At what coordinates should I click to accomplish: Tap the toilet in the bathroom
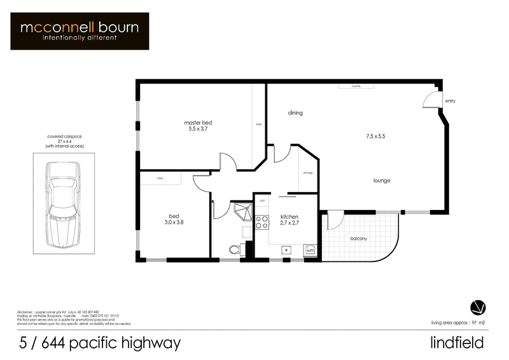[234, 248]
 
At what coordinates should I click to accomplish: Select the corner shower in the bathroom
[241, 212]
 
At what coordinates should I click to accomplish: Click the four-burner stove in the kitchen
[261, 222]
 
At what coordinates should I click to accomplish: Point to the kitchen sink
[287, 249]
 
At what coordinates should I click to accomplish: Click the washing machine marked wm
[310, 250]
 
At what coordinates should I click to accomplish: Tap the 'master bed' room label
[197, 122]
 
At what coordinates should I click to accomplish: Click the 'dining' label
[295, 113]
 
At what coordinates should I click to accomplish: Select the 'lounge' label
[382, 181]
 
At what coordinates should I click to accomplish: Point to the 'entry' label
[450, 100]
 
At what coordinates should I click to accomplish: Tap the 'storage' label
[308, 172]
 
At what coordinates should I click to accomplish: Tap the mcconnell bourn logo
[80, 31]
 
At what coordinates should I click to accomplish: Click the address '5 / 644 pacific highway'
[100, 343]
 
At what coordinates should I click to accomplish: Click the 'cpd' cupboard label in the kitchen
[261, 200]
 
